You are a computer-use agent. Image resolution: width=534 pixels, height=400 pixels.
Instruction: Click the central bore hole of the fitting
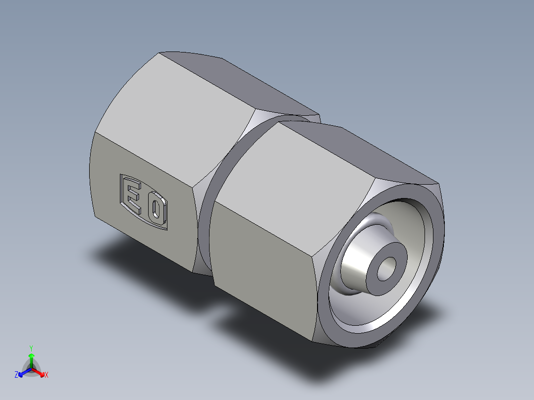[386, 269]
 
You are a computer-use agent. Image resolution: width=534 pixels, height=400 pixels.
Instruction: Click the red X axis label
[47, 375]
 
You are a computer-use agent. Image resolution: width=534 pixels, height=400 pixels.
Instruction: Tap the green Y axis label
[31, 348]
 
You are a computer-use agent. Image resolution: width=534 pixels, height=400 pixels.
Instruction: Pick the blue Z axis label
[16, 375]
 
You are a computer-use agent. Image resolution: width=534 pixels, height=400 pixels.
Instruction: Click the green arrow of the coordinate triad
[31, 358]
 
